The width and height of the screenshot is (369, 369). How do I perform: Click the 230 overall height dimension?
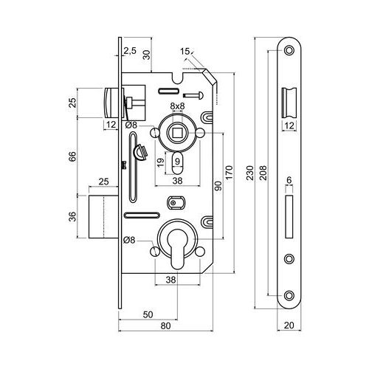click(x=250, y=173)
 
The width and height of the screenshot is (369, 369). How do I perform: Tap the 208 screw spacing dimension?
click(x=263, y=173)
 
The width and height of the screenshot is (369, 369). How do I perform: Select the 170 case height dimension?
click(x=229, y=173)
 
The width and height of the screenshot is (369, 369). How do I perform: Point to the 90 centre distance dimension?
click(x=218, y=186)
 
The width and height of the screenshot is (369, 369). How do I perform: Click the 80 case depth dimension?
click(x=165, y=325)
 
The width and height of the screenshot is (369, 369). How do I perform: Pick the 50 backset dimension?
click(x=148, y=314)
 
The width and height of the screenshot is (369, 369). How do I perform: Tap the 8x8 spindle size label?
click(x=177, y=106)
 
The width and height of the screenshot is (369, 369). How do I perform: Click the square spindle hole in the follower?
click(x=177, y=133)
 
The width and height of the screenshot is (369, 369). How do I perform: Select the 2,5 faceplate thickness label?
click(x=130, y=51)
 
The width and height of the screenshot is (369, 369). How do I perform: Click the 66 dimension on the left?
click(x=72, y=156)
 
